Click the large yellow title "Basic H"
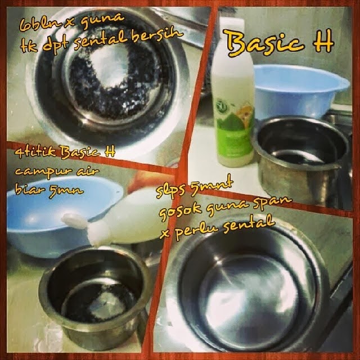click(x=279, y=43)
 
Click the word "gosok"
click(x=181, y=212)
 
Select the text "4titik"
click(x=35, y=152)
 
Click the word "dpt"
click(x=56, y=45)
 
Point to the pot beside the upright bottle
click(x=300, y=159)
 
